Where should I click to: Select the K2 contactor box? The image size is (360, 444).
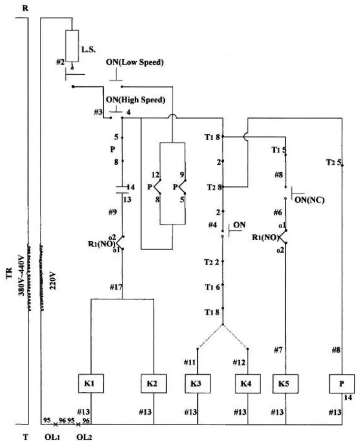(153, 383)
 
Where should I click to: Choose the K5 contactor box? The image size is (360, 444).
(285, 383)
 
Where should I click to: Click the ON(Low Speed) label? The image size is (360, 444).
(135, 62)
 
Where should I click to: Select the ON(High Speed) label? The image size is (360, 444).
(136, 100)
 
